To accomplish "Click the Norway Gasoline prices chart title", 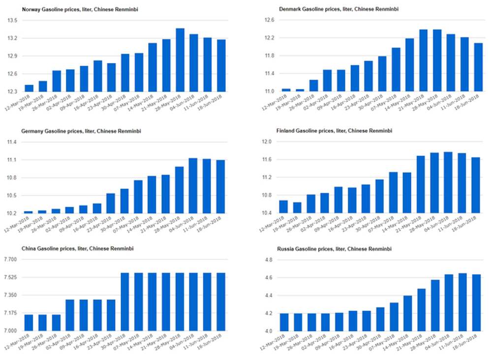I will (73, 9).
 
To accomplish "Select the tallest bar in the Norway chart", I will (180, 60).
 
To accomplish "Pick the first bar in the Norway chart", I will (29, 89).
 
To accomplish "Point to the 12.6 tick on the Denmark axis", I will (270, 21).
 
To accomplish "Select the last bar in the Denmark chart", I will (478, 67).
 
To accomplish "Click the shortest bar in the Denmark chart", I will (300, 90).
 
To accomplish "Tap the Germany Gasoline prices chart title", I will (77, 131).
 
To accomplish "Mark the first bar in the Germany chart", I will (29, 212).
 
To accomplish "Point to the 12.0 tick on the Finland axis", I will (270, 142).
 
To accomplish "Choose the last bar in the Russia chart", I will (476, 302).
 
